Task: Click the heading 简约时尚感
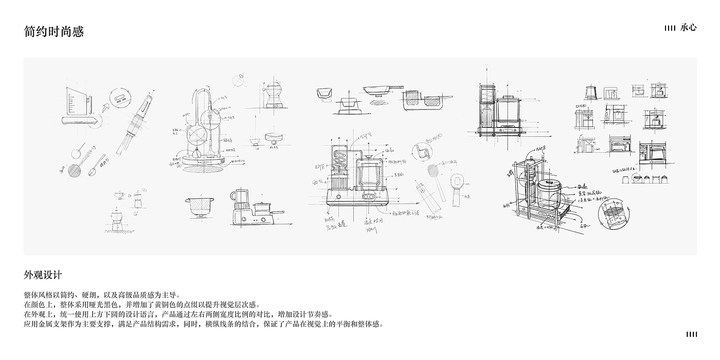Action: (x=53, y=31)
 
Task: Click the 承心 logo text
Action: (x=688, y=28)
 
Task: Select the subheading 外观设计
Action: (x=43, y=275)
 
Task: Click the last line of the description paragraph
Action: (x=204, y=324)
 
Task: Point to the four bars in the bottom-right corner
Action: (x=692, y=335)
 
